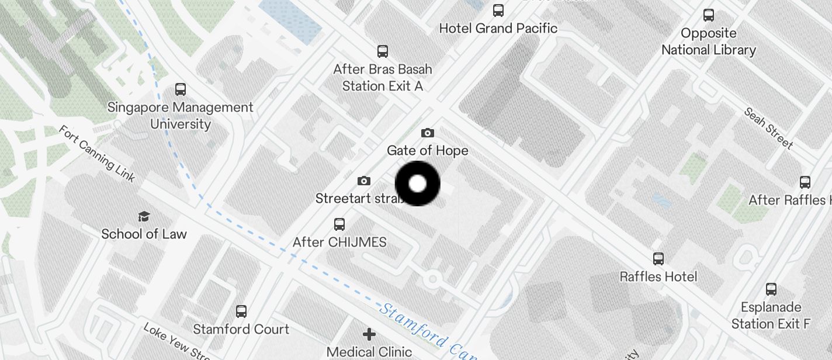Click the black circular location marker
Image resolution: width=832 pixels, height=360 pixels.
click(417, 184)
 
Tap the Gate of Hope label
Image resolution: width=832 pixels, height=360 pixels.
click(428, 151)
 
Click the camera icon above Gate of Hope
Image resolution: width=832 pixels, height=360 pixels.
click(428, 133)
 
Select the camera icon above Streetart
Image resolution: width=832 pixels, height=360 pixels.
click(363, 181)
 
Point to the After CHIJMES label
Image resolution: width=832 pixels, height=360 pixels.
click(339, 242)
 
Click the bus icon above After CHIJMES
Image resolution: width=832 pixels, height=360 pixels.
click(339, 224)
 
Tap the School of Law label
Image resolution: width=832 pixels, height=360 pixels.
click(144, 234)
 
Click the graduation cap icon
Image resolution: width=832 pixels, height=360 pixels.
click(144, 217)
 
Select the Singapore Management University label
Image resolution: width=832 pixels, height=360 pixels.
click(181, 116)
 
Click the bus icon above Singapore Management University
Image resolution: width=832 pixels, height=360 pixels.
click(181, 89)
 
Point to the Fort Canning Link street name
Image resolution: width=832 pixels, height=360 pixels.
click(97, 153)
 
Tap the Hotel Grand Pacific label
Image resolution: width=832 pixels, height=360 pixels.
click(498, 28)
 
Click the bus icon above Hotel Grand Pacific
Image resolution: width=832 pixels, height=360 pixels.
click(498, 11)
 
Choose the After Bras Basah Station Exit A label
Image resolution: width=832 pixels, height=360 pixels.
click(383, 78)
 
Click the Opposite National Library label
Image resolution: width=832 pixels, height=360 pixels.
click(709, 41)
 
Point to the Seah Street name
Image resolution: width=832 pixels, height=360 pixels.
click(768, 128)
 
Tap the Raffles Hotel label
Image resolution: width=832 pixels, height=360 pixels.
click(658, 276)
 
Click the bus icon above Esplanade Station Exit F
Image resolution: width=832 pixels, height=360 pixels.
click(771, 289)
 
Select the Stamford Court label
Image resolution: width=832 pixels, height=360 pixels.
click(241, 329)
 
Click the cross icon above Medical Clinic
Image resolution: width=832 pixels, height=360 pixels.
click(369, 334)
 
